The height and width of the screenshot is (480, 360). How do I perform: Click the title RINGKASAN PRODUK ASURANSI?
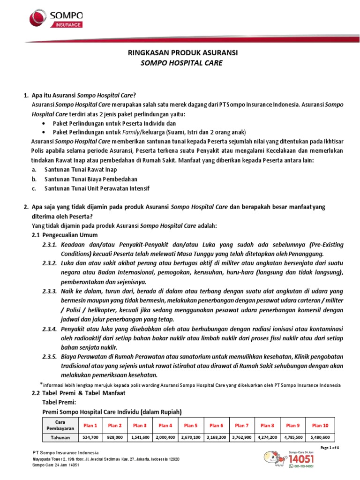coord(183,53)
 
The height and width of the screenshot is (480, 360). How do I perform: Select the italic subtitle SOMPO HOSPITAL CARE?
coord(182,63)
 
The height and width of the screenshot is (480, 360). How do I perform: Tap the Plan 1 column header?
coord(90,425)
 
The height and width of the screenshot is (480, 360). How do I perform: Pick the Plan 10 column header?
coord(321,425)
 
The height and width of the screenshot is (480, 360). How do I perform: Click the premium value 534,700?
coord(90,437)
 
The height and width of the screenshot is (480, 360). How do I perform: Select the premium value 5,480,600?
coord(321,437)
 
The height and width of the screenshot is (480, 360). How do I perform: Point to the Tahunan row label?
coord(57,437)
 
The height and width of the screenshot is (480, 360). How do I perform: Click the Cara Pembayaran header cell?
coord(57,425)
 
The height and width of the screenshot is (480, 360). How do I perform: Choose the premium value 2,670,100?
coord(191,437)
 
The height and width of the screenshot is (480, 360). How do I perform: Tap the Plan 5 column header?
coord(191,425)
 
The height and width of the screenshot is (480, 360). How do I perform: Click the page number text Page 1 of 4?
coord(330,448)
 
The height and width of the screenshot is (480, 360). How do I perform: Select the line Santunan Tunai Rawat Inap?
coord(81,170)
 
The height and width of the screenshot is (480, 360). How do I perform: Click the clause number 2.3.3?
coord(50,291)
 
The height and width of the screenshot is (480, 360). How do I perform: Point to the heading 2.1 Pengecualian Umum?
coord(64,235)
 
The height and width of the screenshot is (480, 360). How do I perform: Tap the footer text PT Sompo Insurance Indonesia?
coord(65,452)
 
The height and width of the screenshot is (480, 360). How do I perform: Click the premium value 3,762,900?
coord(241,437)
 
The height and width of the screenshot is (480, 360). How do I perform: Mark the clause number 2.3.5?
coord(50,357)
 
